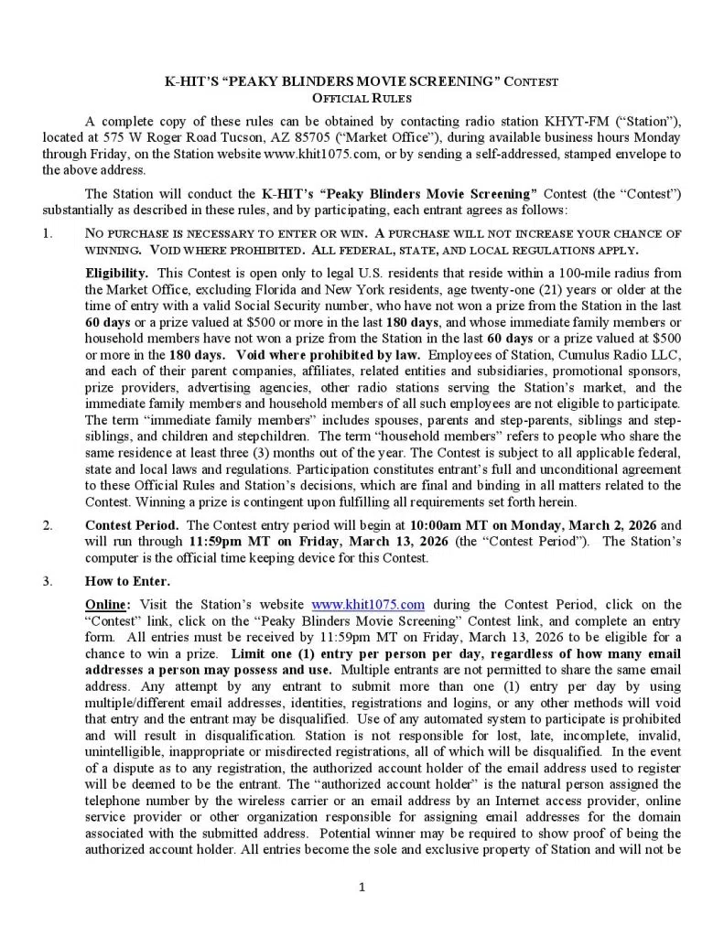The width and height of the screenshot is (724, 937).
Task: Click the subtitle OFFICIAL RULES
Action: click(x=362, y=97)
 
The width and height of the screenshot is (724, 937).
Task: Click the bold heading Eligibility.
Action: click(x=117, y=273)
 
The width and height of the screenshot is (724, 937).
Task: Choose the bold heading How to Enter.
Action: click(x=127, y=581)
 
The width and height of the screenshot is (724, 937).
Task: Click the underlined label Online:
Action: click(x=108, y=604)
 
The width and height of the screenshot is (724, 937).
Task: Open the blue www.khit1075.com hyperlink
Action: click(x=368, y=604)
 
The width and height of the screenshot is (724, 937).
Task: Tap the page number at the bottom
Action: click(x=362, y=886)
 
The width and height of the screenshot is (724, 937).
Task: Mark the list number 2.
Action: click(x=47, y=525)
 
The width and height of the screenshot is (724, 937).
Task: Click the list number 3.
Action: click(x=47, y=581)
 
